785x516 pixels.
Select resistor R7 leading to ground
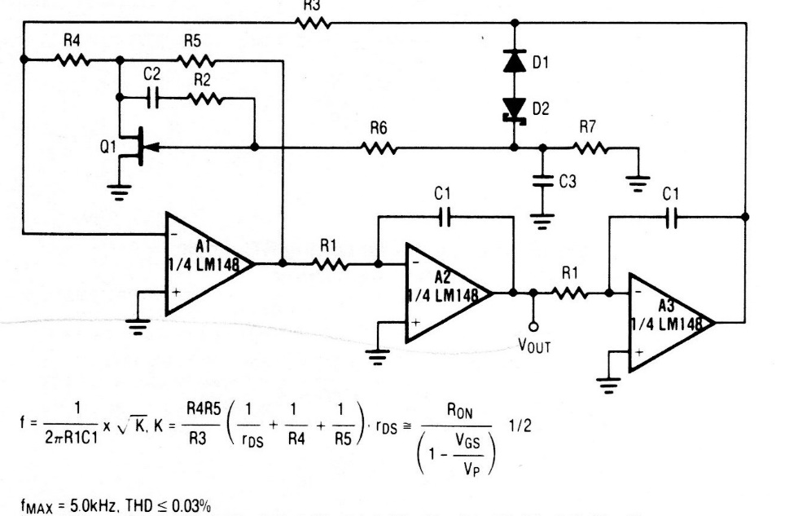point(592,148)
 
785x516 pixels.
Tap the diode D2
point(512,108)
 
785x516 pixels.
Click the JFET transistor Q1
point(137,147)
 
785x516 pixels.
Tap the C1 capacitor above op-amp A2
point(444,217)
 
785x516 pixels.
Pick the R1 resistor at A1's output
point(329,263)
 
